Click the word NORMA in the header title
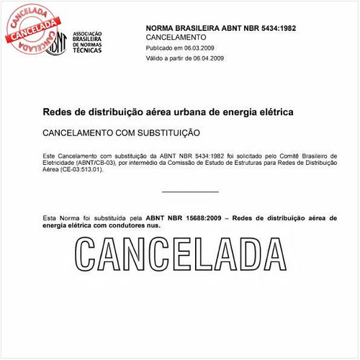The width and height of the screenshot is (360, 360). click(161, 27)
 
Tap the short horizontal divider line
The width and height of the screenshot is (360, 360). click(190, 192)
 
